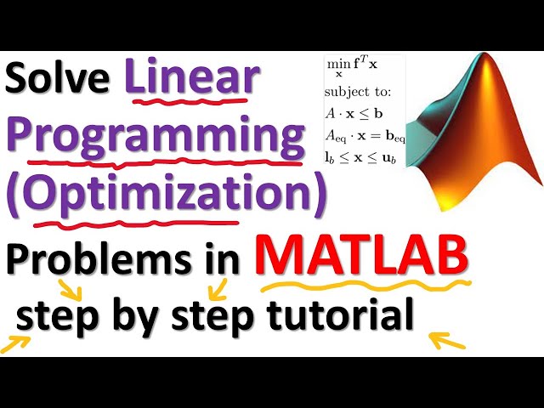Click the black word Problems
95,255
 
